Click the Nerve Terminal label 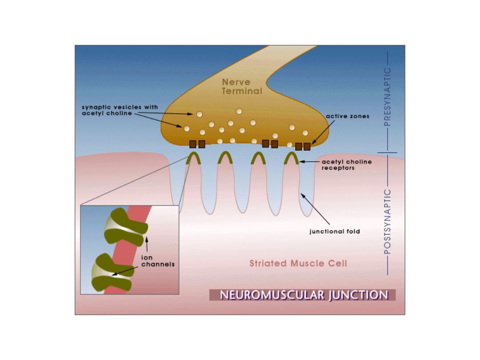tap(242, 87)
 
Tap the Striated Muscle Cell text tap(298, 263)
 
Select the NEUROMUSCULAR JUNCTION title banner tap(303, 295)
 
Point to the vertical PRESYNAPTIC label tap(388, 97)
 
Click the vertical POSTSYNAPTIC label tap(388, 222)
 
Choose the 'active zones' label tap(348, 116)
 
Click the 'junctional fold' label tap(335, 232)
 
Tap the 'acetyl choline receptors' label tap(347, 165)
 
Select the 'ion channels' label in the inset tap(158, 261)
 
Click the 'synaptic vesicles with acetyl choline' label tap(120, 110)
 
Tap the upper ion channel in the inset tap(125, 227)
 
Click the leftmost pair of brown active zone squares tap(197, 144)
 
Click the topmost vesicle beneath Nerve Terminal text tap(239, 111)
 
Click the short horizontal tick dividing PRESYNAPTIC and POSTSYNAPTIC tap(387, 152)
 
